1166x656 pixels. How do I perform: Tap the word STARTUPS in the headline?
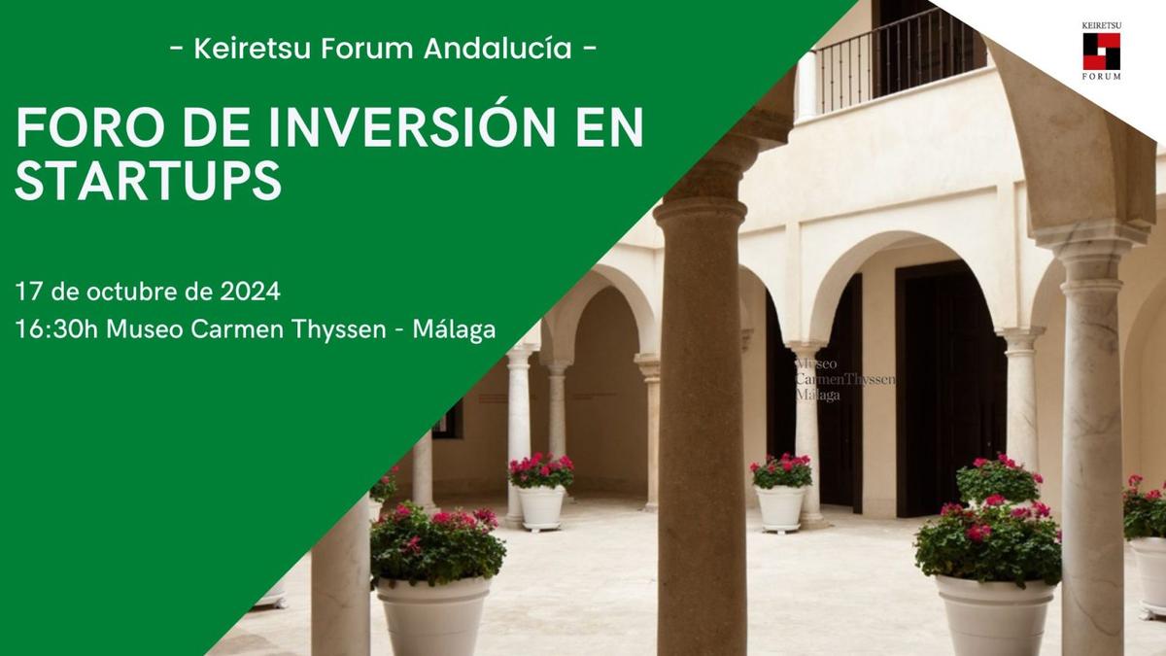tap(149, 180)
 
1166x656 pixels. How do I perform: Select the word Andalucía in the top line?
tap(497, 48)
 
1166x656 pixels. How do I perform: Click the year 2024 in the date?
tap(250, 291)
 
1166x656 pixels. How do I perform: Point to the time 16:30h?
tap(56, 329)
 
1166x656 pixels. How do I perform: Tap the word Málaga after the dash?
tap(454, 330)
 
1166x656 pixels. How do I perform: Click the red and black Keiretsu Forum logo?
tap(1102, 51)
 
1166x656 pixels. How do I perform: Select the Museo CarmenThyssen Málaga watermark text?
tap(845, 379)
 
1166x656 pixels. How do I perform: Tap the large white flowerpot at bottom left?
tap(433, 615)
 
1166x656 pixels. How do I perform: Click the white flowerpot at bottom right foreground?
tap(996, 614)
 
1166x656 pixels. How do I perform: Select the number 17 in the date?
tap(28, 291)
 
